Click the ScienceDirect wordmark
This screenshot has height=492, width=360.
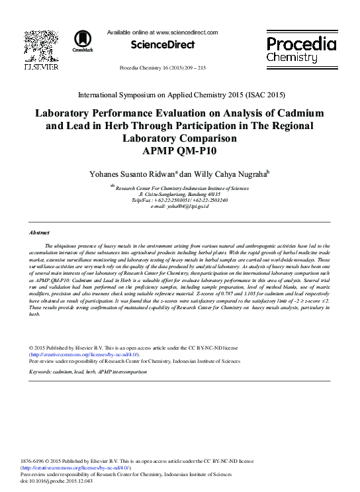(163, 45)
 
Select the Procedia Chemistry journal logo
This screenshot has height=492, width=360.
(300, 50)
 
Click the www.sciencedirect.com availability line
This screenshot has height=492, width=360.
(162, 32)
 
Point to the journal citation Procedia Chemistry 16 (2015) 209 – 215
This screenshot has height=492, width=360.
(162, 69)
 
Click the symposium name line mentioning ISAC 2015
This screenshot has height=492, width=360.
(179, 95)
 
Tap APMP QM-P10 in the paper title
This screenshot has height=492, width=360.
(179, 150)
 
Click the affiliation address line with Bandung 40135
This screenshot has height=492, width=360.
(179, 193)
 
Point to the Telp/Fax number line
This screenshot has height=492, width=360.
(179, 199)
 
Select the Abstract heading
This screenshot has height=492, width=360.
(40, 232)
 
